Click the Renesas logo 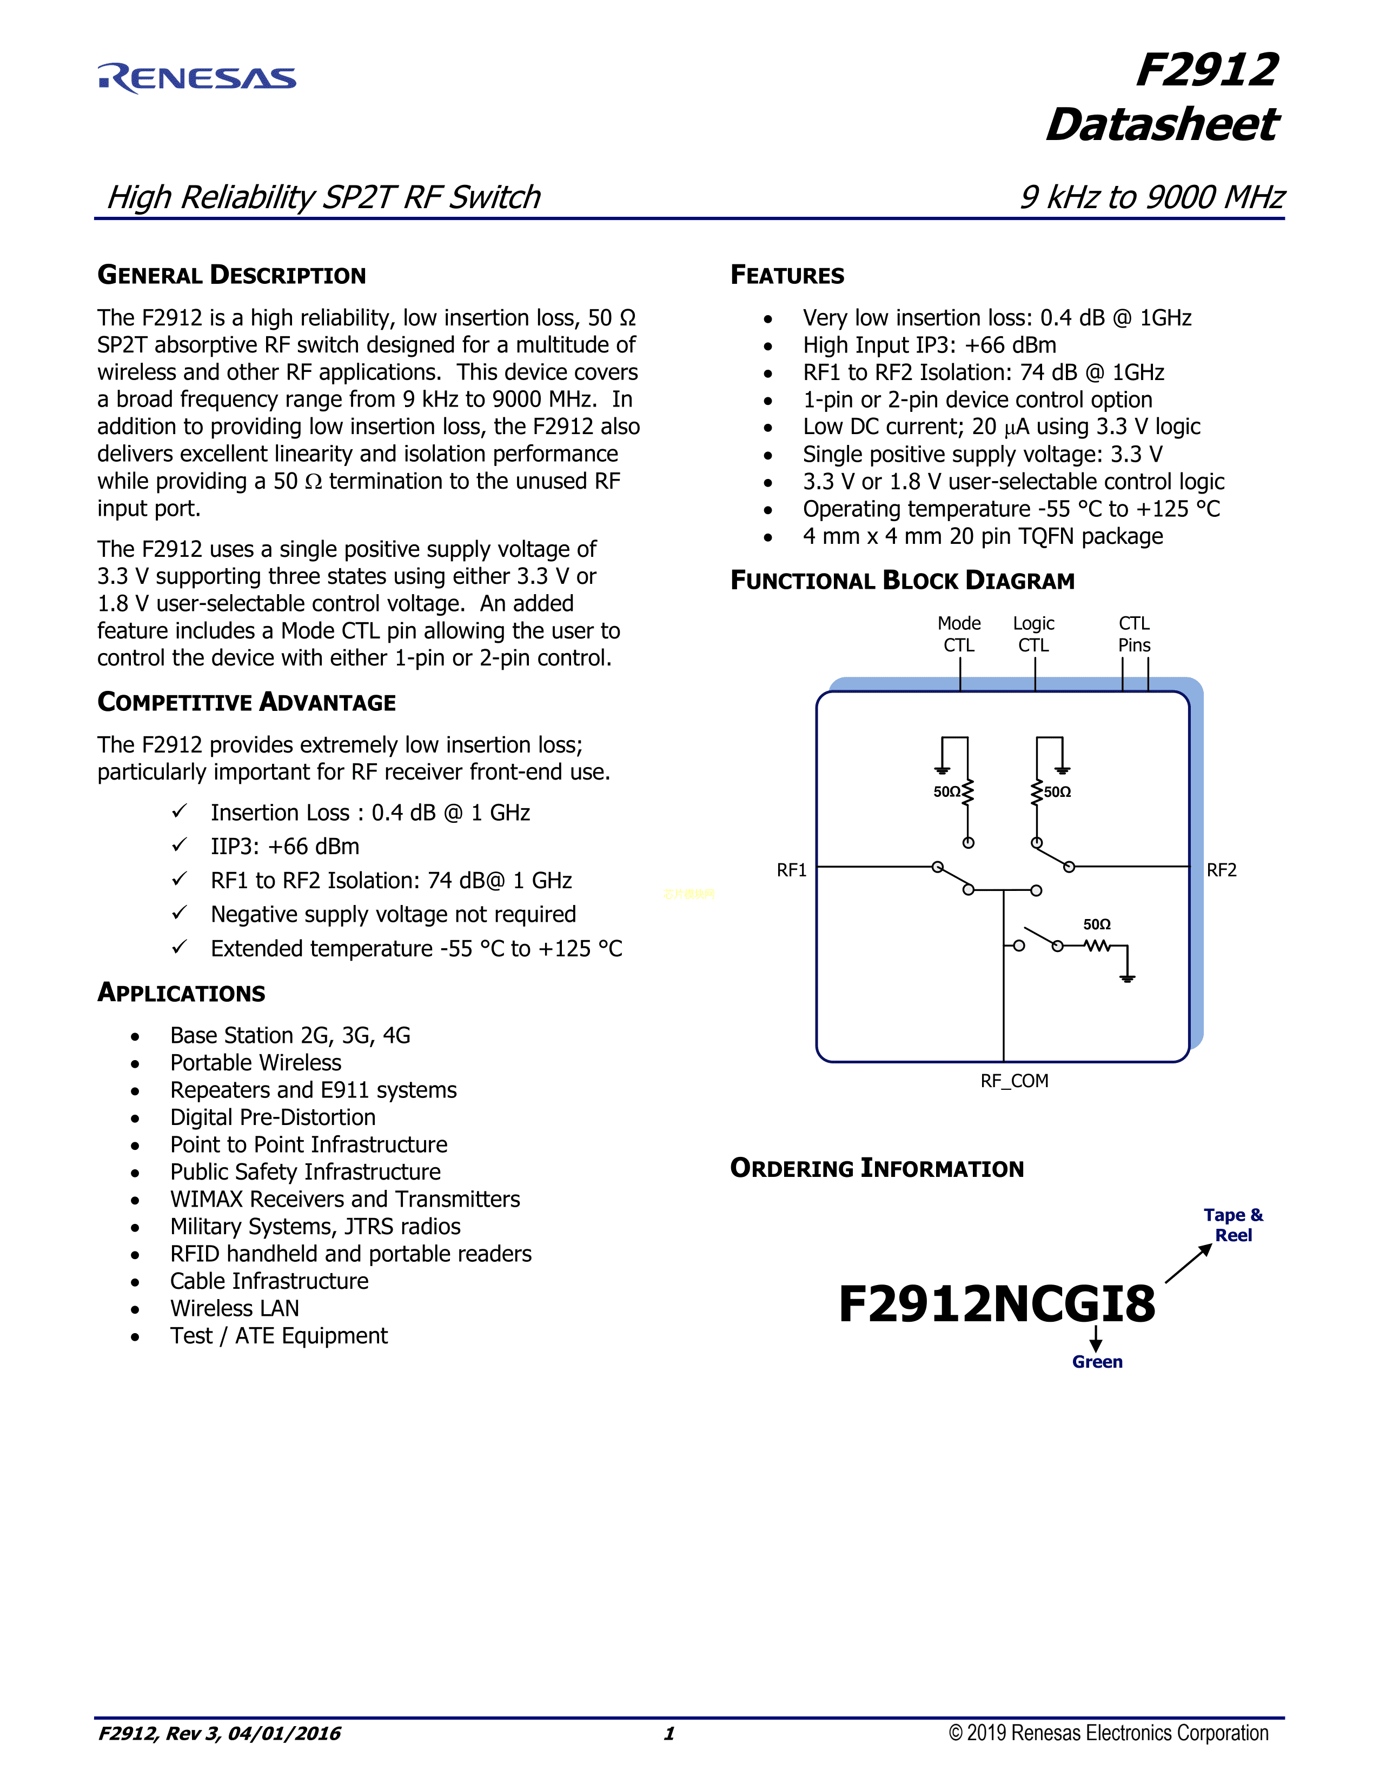pyautogui.click(x=197, y=78)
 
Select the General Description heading pyautogui.click(x=231, y=275)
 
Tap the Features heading pyautogui.click(x=787, y=275)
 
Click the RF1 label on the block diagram pyautogui.click(x=791, y=870)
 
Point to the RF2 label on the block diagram pyautogui.click(x=1221, y=870)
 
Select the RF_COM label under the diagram pyautogui.click(x=1014, y=1081)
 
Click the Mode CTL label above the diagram pyautogui.click(x=959, y=634)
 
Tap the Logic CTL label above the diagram pyautogui.click(x=1033, y=634)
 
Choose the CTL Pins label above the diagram pyautogui.click(x=1134, y=634)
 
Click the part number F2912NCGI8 pyautogui.click(x=997, y=1304)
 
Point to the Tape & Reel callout pyautogui.click(x=1233, y=1225)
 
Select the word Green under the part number pyautogui.click(x=1097, y=1362)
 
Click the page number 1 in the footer pyautogui.click(x=669, y=1733)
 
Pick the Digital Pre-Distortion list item pyautogui.click(x=273, y=1117)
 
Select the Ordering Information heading pyautogui.click(x=877, y=1168)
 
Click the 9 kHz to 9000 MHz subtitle pyautogui.click(x=1151, y=197)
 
